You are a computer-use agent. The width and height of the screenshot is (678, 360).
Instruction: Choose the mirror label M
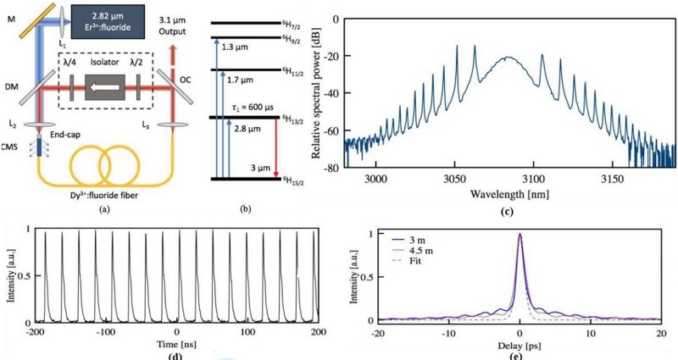pos(8,9)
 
